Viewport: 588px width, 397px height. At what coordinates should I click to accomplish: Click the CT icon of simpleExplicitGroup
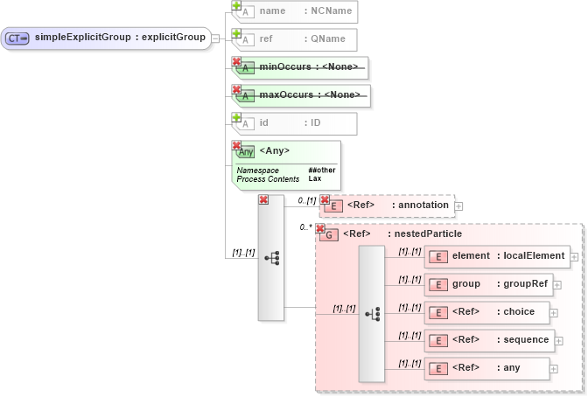pos(17,38)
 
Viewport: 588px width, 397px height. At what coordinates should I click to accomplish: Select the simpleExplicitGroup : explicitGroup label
pos(120,38)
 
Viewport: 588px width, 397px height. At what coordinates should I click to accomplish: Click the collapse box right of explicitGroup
pos(215,38)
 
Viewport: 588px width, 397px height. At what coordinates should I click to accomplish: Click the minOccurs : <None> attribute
pos(301,67)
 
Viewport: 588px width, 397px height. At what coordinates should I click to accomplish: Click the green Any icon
pos(246,151)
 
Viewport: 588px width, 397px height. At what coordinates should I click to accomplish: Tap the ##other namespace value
pos(321,170)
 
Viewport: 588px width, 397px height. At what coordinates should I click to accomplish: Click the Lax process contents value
pos(314,178)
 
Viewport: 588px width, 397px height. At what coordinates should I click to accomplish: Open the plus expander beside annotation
pos(458,206)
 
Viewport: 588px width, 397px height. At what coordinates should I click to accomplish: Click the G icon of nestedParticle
pos(328,234)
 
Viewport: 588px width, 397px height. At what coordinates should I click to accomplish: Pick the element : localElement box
pos(497,256)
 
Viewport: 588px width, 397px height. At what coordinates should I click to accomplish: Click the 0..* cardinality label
pos(305,226)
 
